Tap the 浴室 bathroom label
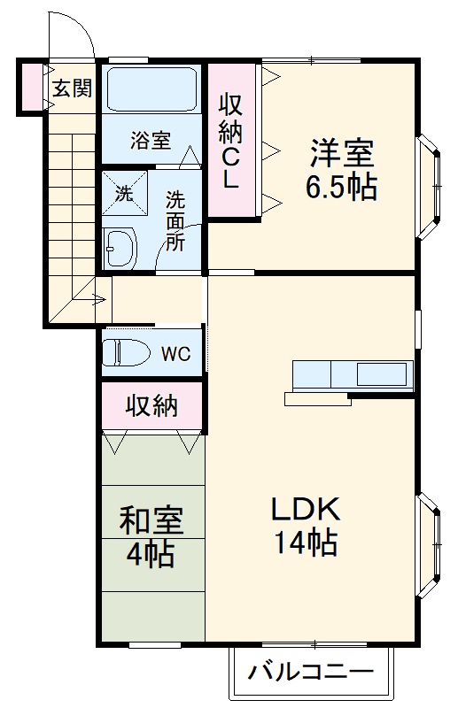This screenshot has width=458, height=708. (151, 140)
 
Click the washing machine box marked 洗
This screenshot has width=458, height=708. (123, 194)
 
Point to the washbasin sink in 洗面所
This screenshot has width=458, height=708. (118, 247)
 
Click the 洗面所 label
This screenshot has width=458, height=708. (175, 221)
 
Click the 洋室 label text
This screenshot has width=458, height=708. (341, 153)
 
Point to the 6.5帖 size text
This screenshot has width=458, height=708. (341, 188)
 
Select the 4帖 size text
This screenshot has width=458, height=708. (151, 557)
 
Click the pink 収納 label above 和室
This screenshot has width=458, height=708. (151, 406)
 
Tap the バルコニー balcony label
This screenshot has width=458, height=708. (309, 672)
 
